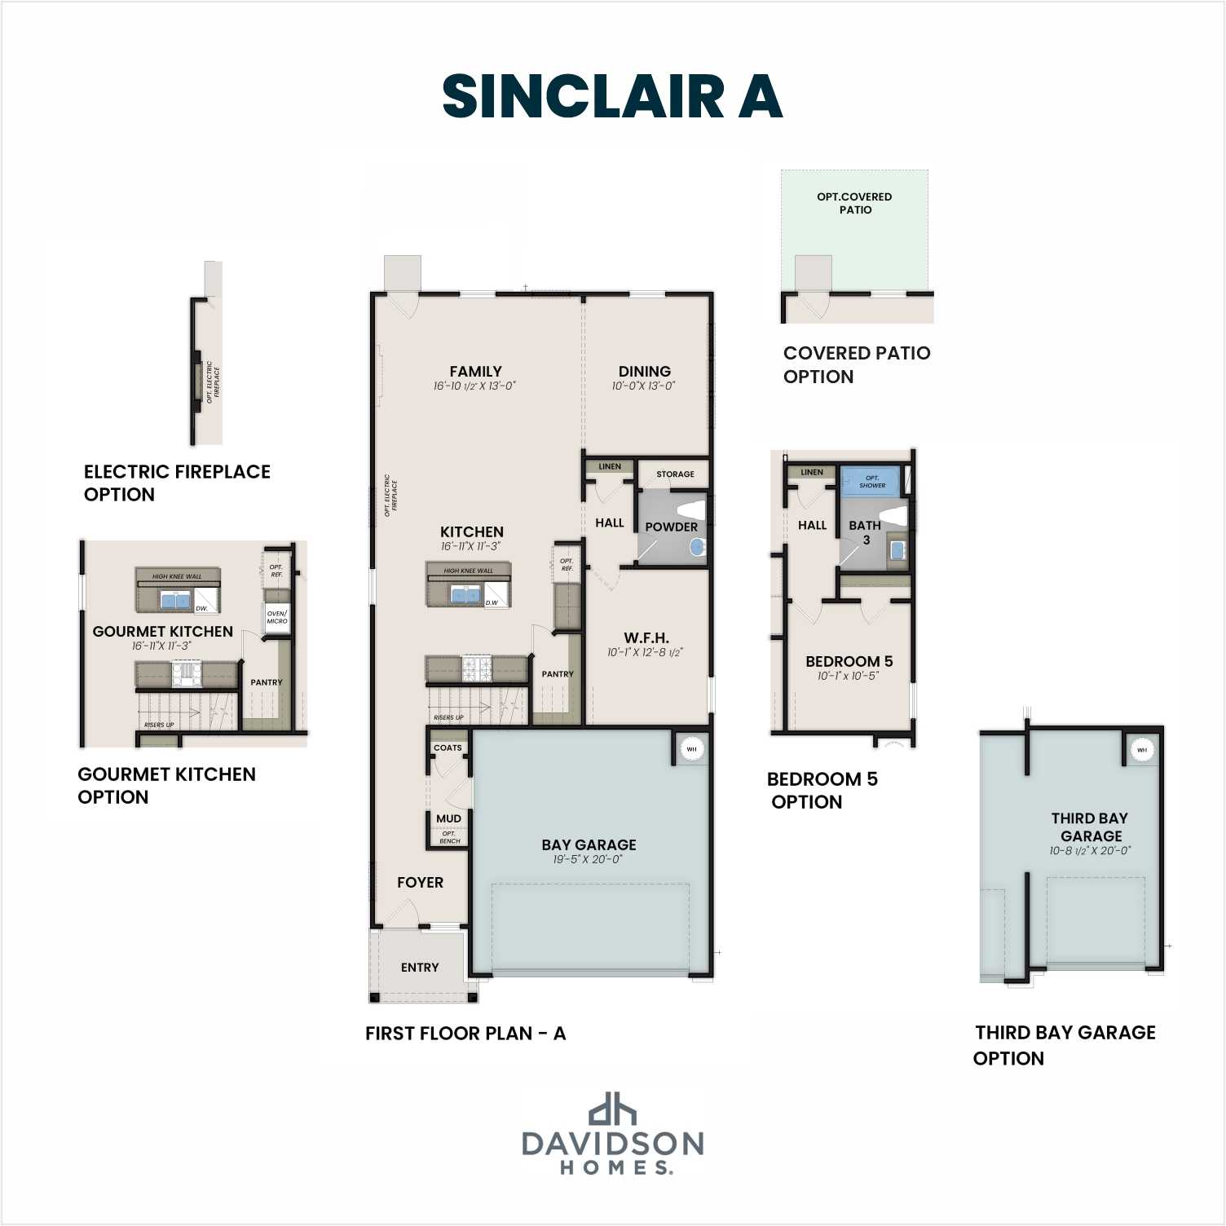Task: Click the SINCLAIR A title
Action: coord(612,96)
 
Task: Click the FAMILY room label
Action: coord(475,371)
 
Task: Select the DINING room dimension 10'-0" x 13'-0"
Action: coord(644,386)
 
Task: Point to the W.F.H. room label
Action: coord(646,637)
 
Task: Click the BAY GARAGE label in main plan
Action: coord(589,845)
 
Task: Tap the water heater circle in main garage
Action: coord(691,749)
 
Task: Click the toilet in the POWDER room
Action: coord(692,510)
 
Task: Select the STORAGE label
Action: coord(675,474)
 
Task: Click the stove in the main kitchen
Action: coord(477,669)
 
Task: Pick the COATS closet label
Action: coord(448,748)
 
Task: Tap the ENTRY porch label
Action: coord(420,968)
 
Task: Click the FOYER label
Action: coord(420,882)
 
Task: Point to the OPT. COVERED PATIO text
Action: coord(854,203)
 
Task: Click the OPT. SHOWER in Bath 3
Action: coord(871,481)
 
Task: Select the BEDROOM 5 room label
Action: coord(849,661)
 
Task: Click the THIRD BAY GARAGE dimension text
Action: coord(1090,851)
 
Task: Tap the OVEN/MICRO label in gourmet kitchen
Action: coord(276,617)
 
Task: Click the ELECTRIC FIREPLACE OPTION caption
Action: coord(177,483)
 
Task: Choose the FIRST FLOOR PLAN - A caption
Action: coord(465,1034)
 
